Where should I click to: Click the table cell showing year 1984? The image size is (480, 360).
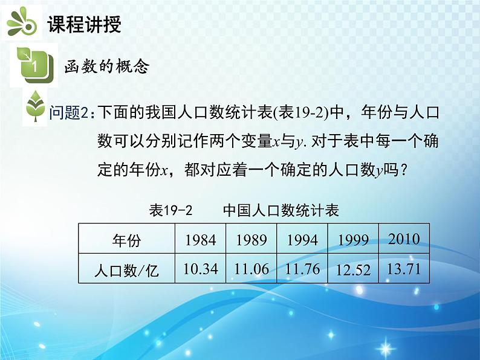(x=200, y=240)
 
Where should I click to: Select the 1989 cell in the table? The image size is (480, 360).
(x=251, y=240)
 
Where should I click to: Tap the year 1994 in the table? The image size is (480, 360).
(x=302, y=240)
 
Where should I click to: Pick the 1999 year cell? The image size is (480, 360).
(x=353, y=240)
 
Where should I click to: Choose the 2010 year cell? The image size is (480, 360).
(x=404, y=238)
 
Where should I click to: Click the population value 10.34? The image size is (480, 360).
(x=200, y=269)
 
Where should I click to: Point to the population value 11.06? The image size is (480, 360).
(x=251, y=269)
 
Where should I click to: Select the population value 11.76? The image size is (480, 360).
(x=302, y=269)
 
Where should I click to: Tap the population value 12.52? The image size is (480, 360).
(x=353, y=270)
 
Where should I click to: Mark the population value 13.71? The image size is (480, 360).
(x=404, y=268)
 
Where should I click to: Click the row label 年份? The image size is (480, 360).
(x=126, y=240)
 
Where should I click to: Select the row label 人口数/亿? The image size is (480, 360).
(x=126, y=270)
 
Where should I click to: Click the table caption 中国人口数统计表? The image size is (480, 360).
(x=281, y=210)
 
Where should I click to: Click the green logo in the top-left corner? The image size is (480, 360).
(x=21, y=23)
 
